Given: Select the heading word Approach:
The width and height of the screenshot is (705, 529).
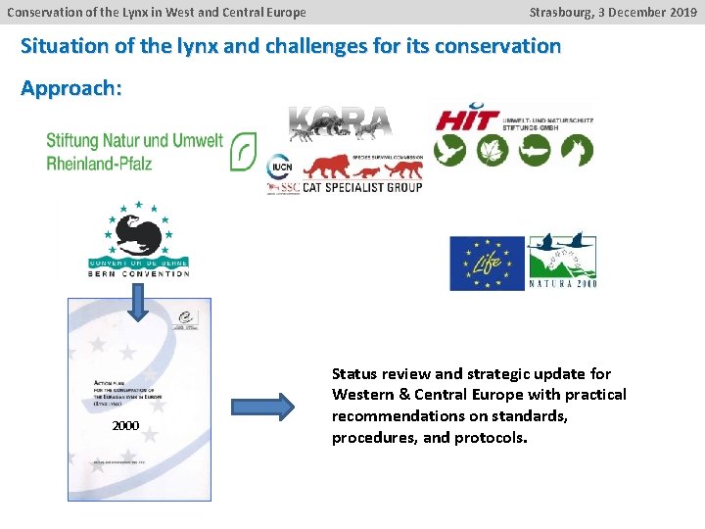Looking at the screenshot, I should tap(71, 88).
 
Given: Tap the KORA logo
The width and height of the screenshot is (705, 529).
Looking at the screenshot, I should tap(340, 121).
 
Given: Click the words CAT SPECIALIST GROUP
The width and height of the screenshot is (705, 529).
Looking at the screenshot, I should tap(362, 187).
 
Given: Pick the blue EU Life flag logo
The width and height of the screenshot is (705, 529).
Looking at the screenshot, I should tap(487, 263).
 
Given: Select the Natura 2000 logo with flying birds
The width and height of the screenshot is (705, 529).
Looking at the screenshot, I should tap(562, 262).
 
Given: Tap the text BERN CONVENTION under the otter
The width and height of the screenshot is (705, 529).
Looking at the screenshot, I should tap(138, 273).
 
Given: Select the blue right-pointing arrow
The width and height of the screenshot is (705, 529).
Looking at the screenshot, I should tap(261, 406).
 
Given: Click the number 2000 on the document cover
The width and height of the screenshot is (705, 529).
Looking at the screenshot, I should tap(125, 426).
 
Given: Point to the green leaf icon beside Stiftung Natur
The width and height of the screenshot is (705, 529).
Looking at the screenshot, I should tap(244, 151).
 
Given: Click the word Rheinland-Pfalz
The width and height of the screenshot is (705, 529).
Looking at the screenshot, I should tap(99, 163).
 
